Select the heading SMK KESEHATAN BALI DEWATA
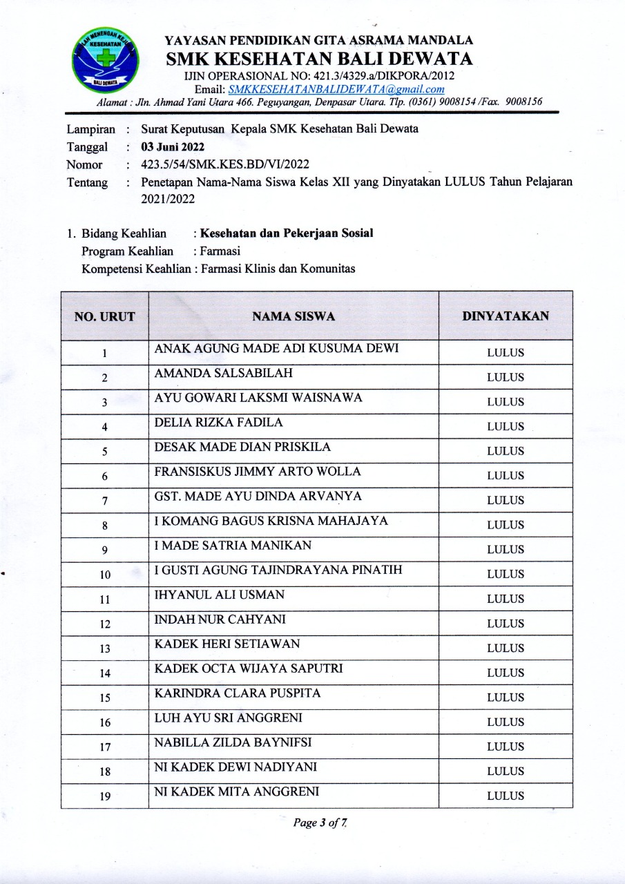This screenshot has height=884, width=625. coord(320,58)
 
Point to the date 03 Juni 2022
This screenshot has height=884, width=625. coord(173,147)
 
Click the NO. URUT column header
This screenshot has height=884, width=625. coord(104,317)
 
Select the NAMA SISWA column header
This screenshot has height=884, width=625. coord(294,317)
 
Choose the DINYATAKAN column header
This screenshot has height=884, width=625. coord(506,316)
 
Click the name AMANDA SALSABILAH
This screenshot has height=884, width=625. coord(224,374)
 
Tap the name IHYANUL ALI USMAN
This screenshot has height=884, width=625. coord(220,595)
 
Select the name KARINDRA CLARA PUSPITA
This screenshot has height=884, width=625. coord(238,693)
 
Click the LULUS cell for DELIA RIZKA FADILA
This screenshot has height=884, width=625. coord(506,427)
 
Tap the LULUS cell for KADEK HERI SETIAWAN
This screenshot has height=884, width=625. coord(506,648)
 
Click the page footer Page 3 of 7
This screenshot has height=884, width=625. coord(319,823)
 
